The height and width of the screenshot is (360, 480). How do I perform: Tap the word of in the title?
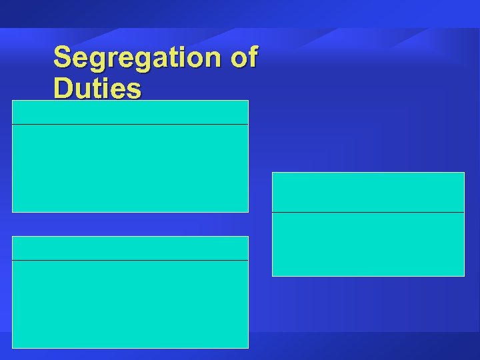point(243,58)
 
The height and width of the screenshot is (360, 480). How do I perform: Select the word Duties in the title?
point(97,89)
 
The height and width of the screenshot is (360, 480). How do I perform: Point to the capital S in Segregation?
point(62,58)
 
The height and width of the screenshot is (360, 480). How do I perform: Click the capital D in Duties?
point(63,89)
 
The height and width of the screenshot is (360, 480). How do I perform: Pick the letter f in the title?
point(251,58)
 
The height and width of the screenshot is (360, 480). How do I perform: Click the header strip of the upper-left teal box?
point(130,112)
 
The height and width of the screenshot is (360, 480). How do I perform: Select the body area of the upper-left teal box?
point(130,168)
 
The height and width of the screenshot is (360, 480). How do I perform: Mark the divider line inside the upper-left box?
point(130,124)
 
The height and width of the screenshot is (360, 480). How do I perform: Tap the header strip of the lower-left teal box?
point(130,248)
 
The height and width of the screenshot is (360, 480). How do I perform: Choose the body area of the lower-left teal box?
point(130,304)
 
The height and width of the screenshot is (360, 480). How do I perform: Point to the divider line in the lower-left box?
point(130,260)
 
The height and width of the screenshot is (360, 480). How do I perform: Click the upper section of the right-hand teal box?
point(368,192)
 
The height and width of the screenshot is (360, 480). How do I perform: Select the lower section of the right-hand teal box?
point(368,244)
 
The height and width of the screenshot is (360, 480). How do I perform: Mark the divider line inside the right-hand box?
point(368,212)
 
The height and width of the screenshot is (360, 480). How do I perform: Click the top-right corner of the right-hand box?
point(463,173)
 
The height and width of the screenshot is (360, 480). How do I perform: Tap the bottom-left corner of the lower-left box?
point(13,347)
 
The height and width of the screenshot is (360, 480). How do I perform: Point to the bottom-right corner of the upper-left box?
point(247,211)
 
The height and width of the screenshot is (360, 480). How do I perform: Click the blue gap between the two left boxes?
point(130,224)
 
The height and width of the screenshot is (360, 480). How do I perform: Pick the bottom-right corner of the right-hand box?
point(463,275)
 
